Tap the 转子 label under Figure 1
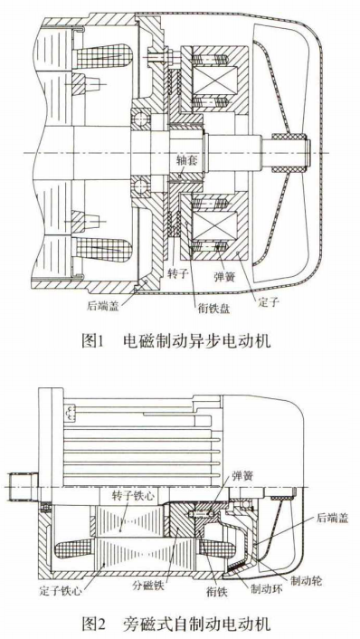[x=177, y=273]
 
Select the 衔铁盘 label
[x=213, y=308]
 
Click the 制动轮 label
[x=306, y=580]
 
